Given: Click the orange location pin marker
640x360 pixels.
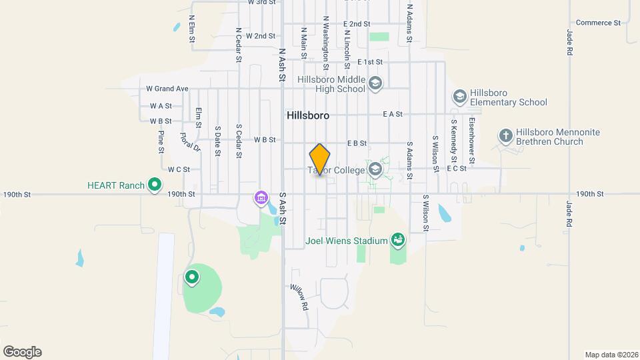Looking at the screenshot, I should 320,159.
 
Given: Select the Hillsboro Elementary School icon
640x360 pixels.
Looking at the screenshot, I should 459,97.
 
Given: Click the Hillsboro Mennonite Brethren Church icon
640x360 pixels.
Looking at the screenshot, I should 506,136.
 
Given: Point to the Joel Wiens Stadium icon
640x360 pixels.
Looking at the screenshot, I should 398,240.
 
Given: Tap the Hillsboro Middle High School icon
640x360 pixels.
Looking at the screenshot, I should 375,83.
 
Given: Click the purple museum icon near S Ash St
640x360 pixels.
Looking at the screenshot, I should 261,198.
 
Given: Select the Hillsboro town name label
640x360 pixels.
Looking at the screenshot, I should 308,115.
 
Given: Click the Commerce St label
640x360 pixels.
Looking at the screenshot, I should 598,23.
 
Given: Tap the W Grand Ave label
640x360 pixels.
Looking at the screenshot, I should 167,89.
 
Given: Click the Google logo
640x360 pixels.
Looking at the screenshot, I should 22,352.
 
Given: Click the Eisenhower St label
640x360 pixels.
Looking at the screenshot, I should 471,141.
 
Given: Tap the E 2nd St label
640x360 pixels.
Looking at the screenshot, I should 357,24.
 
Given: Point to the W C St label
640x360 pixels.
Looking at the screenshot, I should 179,169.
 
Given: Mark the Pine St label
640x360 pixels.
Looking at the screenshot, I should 161,141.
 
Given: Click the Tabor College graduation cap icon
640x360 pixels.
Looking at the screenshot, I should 375,171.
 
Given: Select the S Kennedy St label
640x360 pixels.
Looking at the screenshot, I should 453,141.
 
